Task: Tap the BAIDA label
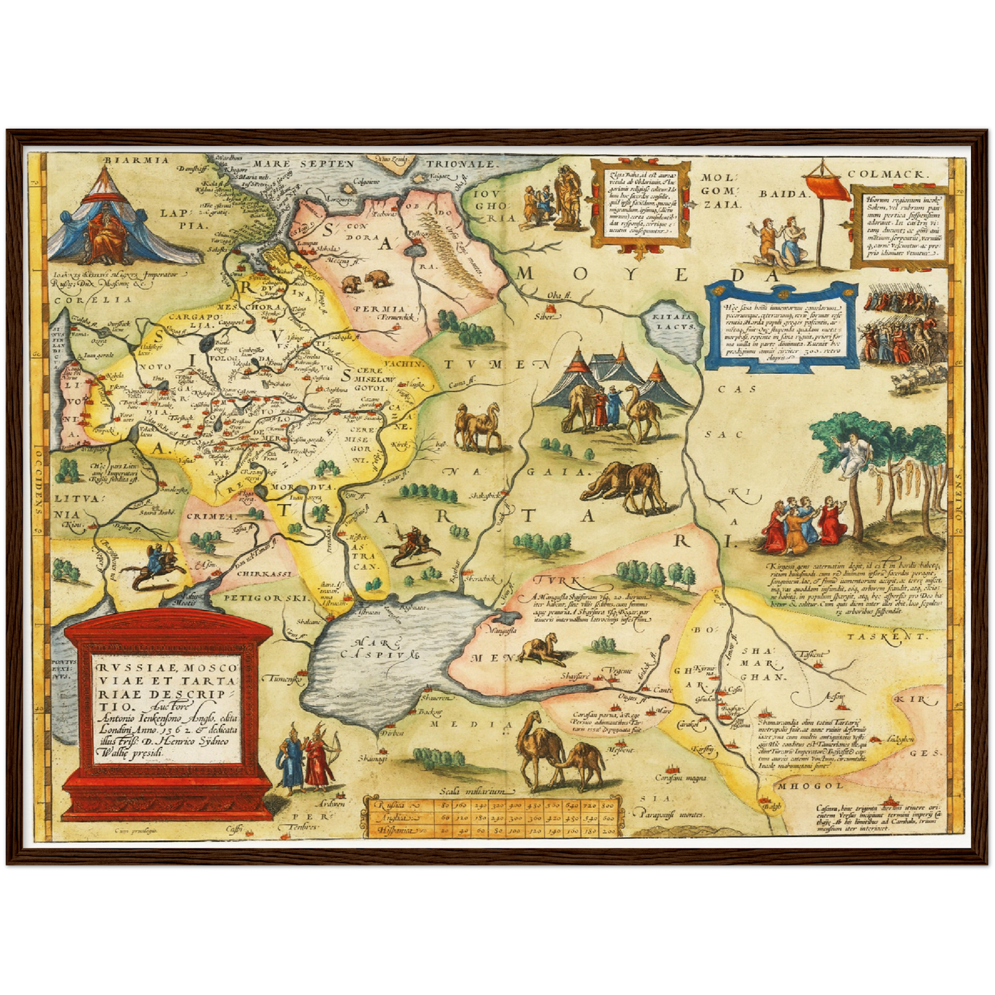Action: point(782,193)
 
